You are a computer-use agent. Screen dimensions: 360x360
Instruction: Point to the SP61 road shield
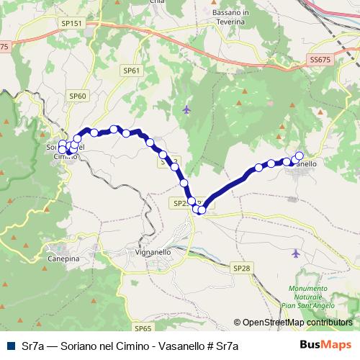click(131, 71)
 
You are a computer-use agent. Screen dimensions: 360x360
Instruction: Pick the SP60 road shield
click(78, 95)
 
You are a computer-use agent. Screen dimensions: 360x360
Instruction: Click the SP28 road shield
click(242, 268)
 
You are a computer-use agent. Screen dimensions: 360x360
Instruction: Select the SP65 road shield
click(143, 328)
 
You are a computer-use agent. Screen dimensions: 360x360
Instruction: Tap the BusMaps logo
click(327, 346)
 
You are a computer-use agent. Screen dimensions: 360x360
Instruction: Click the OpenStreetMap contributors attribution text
click(297, 322)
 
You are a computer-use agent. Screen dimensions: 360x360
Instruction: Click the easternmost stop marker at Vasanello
click(300, 156)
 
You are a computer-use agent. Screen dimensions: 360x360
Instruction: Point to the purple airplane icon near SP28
click(297, 253)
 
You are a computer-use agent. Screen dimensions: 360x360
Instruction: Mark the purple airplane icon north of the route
click(186, 109)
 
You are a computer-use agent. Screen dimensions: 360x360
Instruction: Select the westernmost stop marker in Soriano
click(62, 150)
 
